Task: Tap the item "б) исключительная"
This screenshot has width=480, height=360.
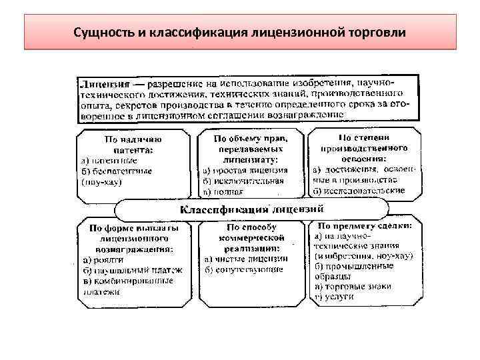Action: tap(244, 180)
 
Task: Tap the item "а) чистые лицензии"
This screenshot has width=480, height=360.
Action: tap(246, 259)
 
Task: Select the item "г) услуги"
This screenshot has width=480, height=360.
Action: tap(333, 295)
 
